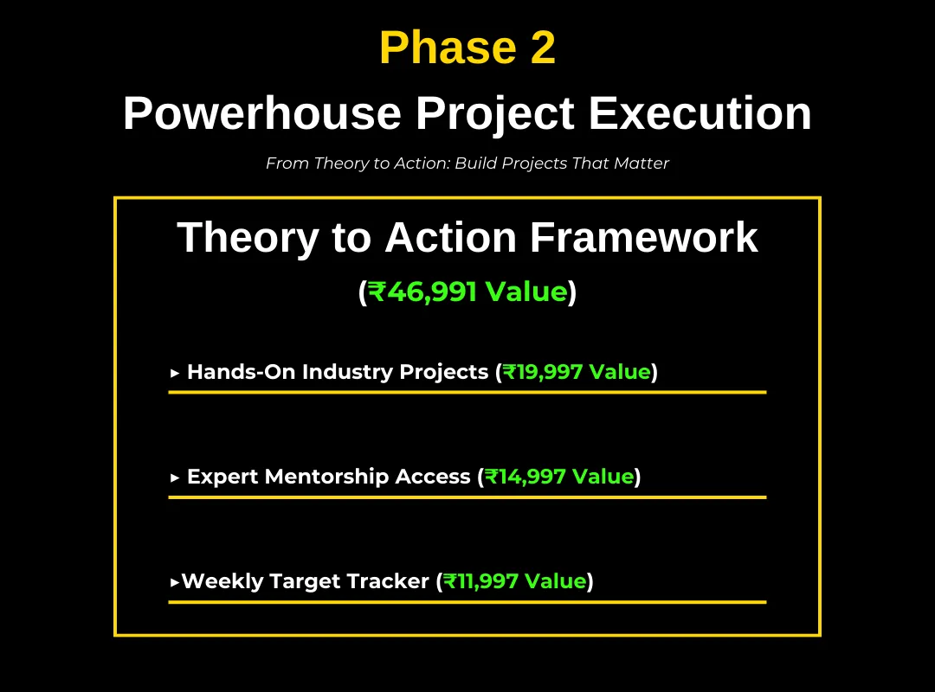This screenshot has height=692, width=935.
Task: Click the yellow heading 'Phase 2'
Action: [467, 48]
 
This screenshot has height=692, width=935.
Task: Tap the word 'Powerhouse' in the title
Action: [262, 113]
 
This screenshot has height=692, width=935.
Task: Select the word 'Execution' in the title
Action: [700, 113]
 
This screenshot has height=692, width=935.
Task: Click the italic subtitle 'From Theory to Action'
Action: [358, 163]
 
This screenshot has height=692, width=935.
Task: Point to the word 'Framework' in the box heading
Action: [644, 237]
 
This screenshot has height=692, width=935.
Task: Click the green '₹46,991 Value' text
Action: [467, 292]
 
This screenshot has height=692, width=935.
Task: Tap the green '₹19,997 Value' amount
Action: [577, 372]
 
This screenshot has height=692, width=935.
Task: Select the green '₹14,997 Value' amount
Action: [559, 477]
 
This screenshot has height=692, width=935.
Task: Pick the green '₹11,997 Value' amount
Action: [515, 581]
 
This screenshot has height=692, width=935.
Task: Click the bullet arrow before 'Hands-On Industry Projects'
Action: [175, 373]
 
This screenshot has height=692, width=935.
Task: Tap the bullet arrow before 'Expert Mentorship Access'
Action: [175, 477]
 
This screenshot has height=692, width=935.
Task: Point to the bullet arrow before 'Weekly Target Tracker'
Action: [175, 582]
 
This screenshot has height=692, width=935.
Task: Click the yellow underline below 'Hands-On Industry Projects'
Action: [467, 392]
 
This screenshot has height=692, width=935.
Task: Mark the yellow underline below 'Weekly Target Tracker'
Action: [467, 602]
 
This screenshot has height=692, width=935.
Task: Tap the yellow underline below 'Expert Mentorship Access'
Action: [467, 497]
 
